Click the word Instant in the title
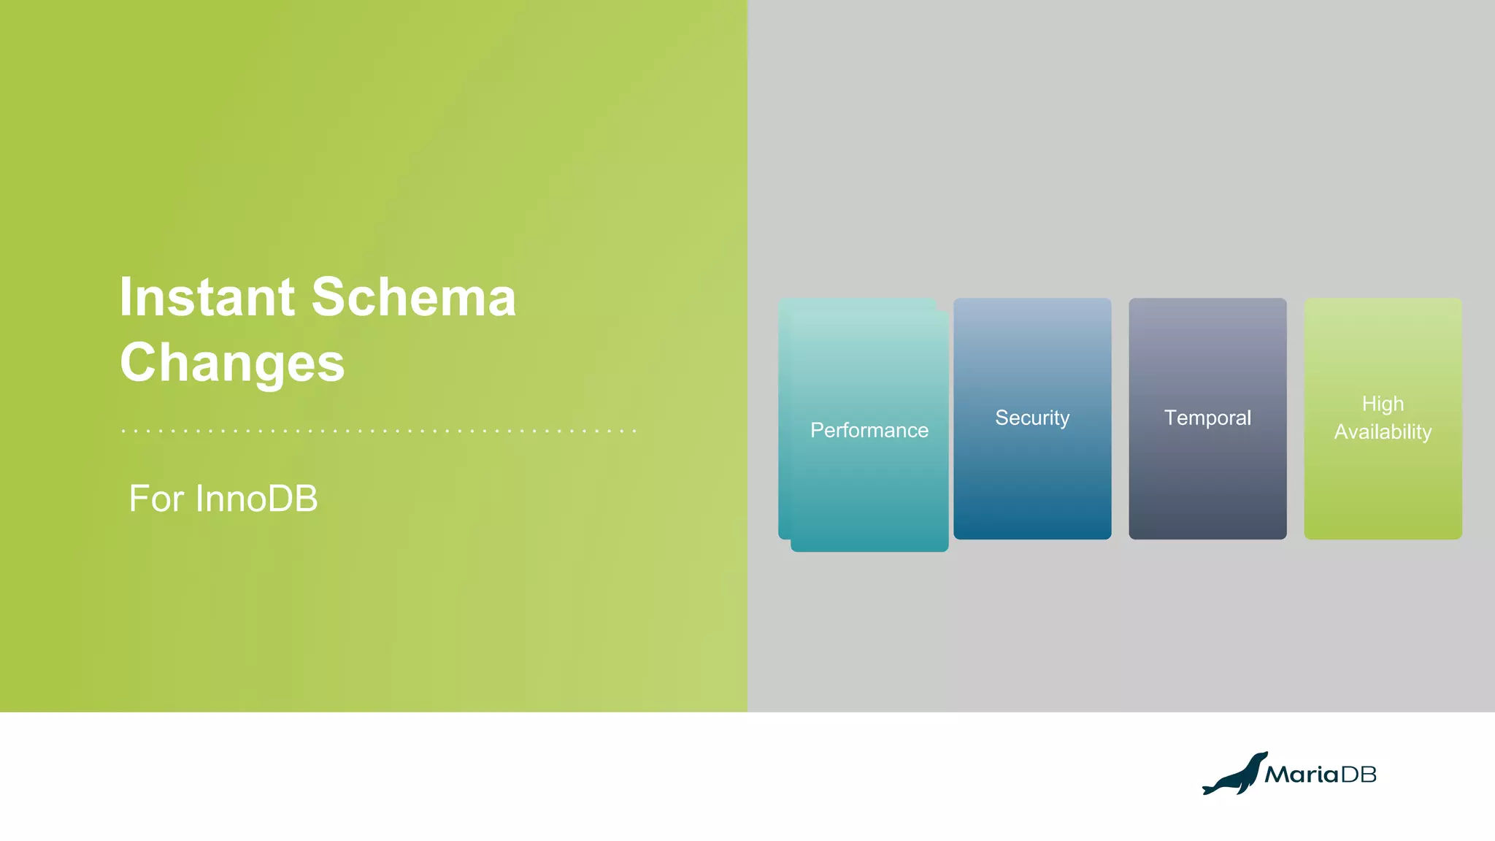207,297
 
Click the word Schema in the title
414,297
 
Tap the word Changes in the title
232,363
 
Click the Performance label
869,430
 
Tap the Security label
1032,418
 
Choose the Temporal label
1207,418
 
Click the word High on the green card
1383,404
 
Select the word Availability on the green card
1383,432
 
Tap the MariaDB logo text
1320,775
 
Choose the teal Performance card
869,496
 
